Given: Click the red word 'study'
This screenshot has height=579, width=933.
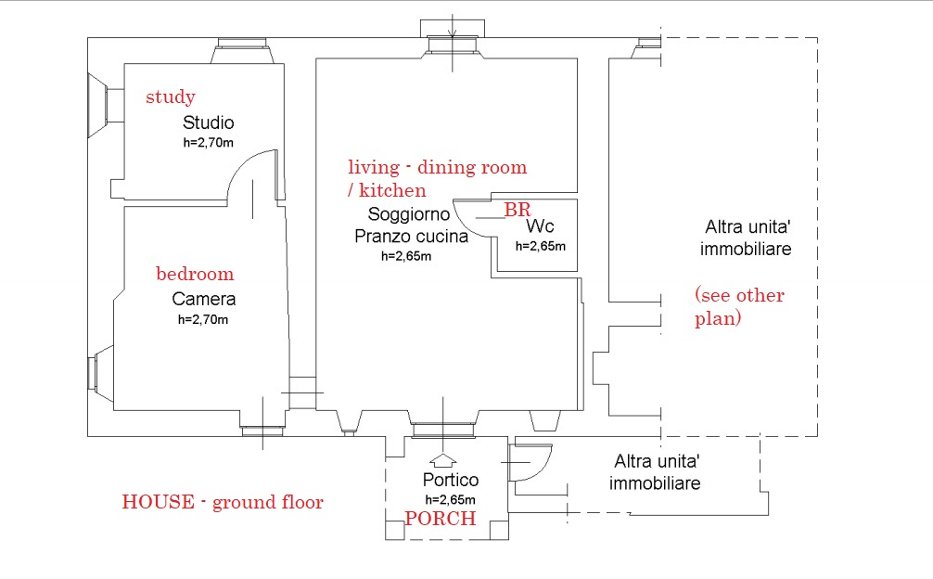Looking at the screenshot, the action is click(170, 97).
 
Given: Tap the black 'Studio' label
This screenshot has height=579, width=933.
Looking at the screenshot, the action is click(209, 122).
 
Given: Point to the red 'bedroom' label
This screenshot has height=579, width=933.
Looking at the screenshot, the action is click(195, 274).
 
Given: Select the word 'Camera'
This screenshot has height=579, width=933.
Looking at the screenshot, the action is click(203, 299).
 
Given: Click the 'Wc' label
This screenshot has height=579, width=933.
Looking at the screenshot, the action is click(540, 226).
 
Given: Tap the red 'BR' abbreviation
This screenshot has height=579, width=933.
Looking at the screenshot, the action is click(518, 210).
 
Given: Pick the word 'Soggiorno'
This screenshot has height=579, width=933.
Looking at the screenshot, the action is click(409, 213).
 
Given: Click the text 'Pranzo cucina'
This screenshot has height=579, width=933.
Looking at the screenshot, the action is click(411, 237).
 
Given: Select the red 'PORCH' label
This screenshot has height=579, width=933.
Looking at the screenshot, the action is click(441, 519).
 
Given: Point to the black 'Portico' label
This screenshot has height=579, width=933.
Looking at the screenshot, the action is click(451, 480).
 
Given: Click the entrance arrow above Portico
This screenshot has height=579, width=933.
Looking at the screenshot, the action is click(442, 459).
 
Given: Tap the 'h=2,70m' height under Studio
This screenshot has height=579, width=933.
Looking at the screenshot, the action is click(209, 143).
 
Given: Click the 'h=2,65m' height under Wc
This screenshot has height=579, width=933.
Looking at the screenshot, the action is click(541, 247).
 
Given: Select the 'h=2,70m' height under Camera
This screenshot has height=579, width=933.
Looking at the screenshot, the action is click(203, 319).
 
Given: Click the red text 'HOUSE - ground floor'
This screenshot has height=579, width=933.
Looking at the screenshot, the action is click(223, 502).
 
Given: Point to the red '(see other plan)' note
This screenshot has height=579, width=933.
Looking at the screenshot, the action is click(739, 306).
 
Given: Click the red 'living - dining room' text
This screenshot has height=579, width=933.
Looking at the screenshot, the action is click(438, 167).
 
